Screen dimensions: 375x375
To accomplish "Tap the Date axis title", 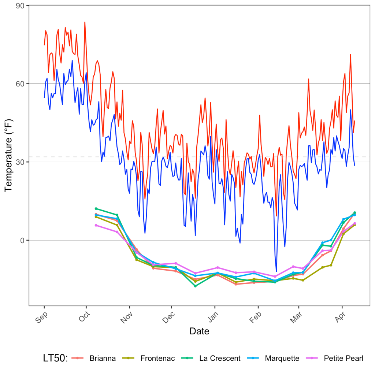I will coord(199,331).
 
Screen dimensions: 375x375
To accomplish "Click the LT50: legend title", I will coord(55,359).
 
